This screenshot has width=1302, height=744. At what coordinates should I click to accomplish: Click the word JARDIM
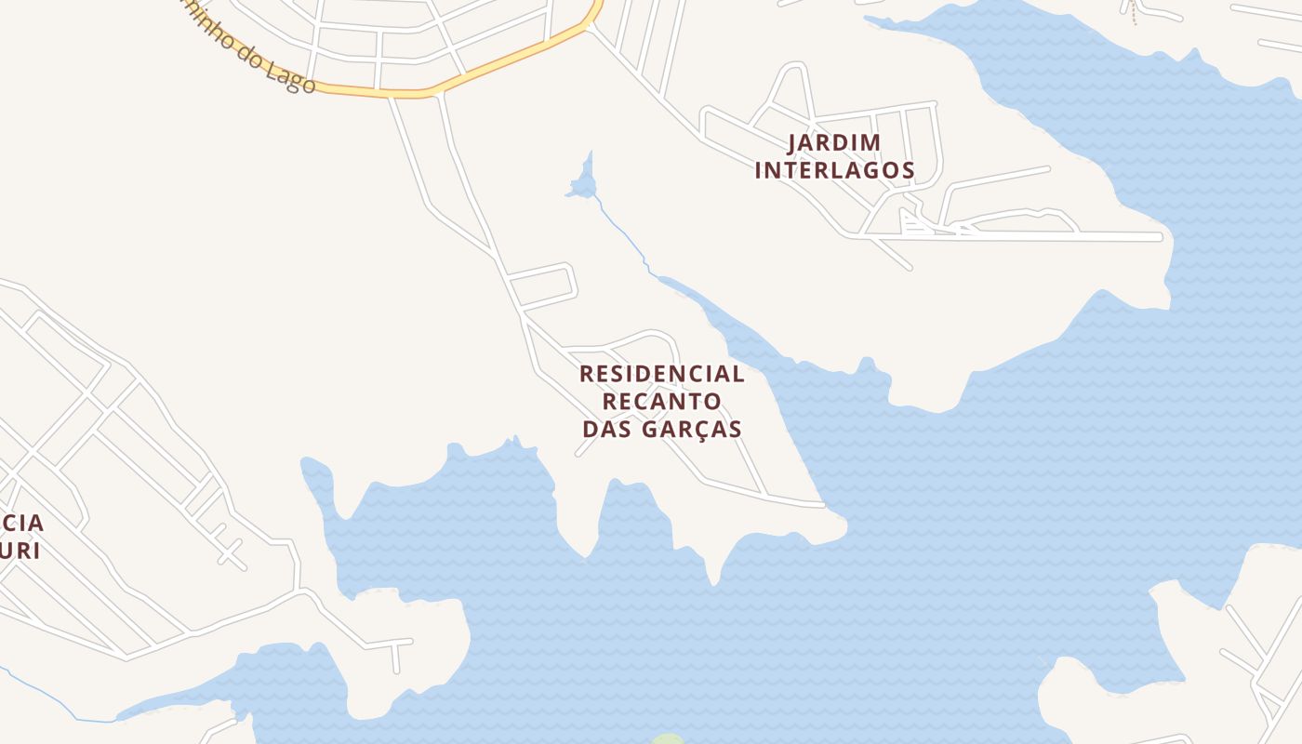tap(834, 143)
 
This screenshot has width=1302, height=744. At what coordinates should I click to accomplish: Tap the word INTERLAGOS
tap(834, 170)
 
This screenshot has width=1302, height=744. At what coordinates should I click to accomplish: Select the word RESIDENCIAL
tap(661, 374)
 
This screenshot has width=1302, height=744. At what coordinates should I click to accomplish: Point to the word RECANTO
tap(661, 401)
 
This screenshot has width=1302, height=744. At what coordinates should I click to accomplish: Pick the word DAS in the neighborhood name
tap(605, 429)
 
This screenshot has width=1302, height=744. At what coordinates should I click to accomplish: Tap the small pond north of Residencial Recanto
tap(582, 185)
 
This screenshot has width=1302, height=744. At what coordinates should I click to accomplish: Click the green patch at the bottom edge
tap(667, 740)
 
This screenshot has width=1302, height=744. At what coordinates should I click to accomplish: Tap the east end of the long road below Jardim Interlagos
tap(1159, 237)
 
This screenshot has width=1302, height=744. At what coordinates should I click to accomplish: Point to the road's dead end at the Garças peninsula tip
tap(822, 505)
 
